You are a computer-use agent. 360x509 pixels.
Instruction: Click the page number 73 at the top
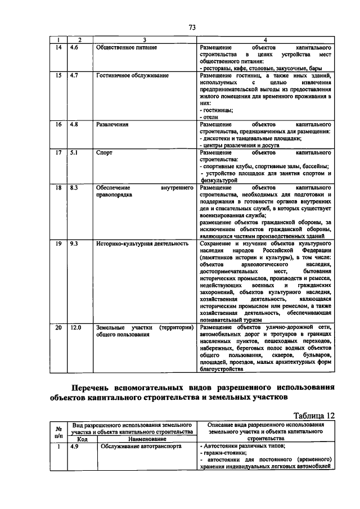pos(192,28)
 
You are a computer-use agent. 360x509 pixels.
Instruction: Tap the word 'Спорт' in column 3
pos(104,152)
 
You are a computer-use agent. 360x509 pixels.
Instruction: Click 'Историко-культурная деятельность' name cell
pos(141,244)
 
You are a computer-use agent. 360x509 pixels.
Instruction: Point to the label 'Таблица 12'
pos(312,415)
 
